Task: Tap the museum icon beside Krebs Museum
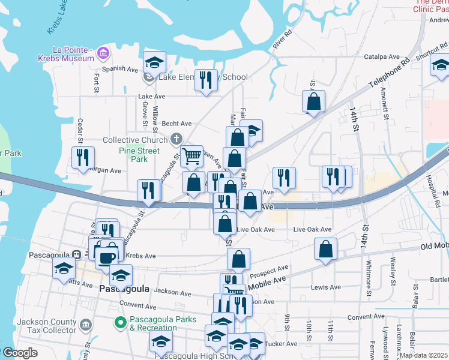[103, 53]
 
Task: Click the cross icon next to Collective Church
[176, 140]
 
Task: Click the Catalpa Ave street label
[382, 57]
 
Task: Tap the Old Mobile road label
[435, 246]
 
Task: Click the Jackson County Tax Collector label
[47, 326]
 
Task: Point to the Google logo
[19, 353]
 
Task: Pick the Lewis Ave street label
[326, 287]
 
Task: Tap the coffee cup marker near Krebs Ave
[106, 258]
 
